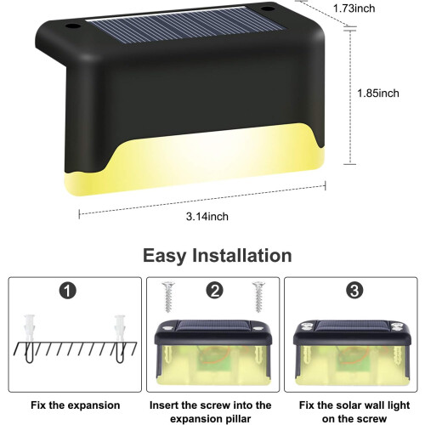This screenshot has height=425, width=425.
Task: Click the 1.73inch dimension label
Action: point(354,8)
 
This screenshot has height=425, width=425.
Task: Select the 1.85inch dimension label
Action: point(378,93)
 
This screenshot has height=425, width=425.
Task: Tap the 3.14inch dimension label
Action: point(207,217)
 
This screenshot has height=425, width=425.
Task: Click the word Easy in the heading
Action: point(164,256)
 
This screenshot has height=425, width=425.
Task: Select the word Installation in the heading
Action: point(242,255)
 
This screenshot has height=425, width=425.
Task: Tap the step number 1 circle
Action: point(68,291)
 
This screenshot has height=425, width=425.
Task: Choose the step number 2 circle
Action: point(214,291)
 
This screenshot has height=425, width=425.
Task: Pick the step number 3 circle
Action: point(354,291)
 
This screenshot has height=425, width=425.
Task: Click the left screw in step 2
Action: point(168,297)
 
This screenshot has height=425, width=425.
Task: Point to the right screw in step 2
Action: point(258,297)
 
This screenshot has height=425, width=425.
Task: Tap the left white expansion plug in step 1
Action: point(30,328)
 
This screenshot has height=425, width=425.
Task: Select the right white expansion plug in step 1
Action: point(120,328)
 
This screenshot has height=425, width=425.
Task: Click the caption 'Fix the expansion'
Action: point(76,405)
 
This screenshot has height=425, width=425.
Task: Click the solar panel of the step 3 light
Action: point(354,326)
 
